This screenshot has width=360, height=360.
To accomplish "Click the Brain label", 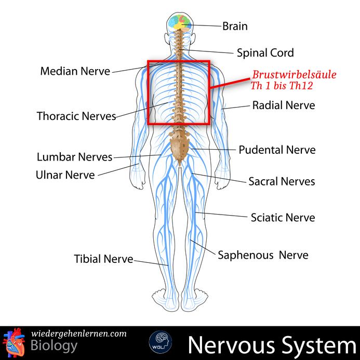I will coord(235,26).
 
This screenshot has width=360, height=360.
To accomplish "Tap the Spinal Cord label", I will coord(265,52).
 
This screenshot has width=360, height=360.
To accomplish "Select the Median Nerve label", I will coord(75,71).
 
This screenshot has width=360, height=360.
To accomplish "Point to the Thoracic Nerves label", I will coord(76,116).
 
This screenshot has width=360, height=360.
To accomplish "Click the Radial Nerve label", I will coord(284,105).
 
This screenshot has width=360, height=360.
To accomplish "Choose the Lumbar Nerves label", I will coord(75,156).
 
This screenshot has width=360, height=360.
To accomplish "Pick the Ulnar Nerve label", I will coord(65,175).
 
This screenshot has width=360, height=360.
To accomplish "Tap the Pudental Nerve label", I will coord(277,150).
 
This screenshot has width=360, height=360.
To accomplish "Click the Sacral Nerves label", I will coord(282,182).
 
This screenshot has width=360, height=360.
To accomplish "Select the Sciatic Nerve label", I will coord(283,217).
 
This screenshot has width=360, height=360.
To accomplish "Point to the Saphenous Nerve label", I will coord(263,255).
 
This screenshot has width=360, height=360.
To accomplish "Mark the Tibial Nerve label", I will coord(103,258).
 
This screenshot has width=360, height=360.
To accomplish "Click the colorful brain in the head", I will coord(182,22).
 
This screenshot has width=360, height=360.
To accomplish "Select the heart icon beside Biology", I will coord(15,341).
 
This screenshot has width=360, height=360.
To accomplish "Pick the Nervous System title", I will coord(269,344).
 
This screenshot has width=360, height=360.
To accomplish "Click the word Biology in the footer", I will coord(55,346).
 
